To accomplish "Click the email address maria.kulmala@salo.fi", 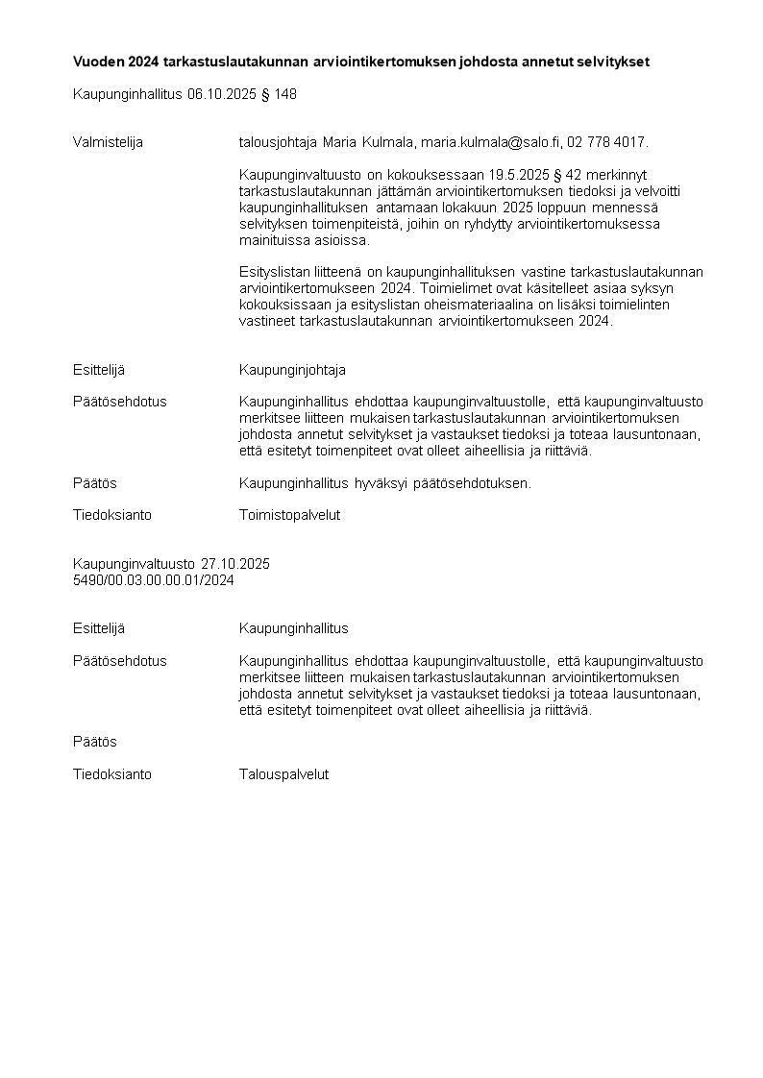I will pyautogui.click(x=489, y=142).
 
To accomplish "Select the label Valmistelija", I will pyautogui.click(x=108, y=142).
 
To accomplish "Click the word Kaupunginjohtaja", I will pyautogui.click(x=292, y=370).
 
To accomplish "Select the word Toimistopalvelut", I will pyautogui.click(x=289, y=515).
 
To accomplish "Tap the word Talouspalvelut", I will pyautogui.click(x=283, y=774).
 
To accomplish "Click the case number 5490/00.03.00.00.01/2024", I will pyautogui.click(x=154, y=580).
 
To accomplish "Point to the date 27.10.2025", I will pyautogui.click(x=235, y=564).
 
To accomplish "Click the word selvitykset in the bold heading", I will pyautogui.click(x=613, y=61).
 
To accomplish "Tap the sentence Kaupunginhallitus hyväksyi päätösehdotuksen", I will pyautogui.click(x=384, y=483).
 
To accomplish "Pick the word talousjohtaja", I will pyautogui.click(x=278, y=142).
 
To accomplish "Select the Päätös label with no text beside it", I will pyautogui.click(x=95, y=742).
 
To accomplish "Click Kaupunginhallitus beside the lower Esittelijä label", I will pyautogui.click(x=293, y=628).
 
